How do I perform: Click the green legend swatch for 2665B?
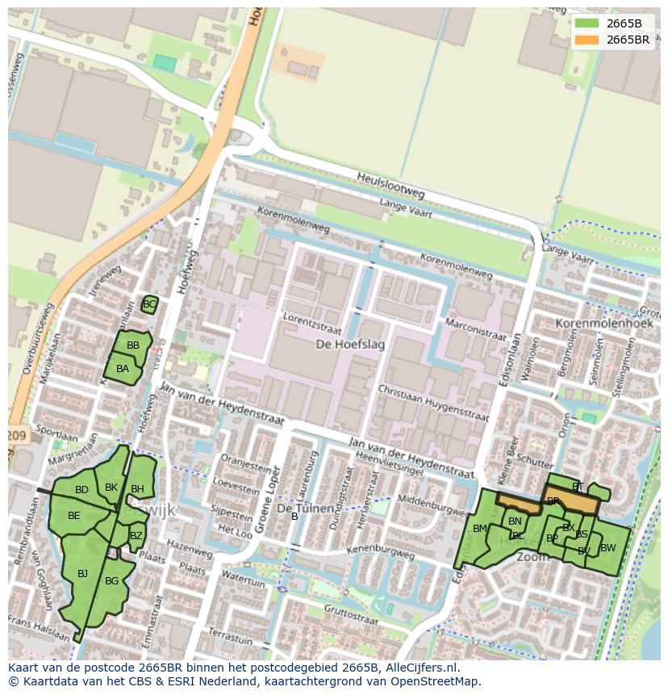pos(587,23)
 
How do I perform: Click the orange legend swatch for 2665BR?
pos(587,40)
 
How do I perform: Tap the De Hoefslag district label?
pos(349,345)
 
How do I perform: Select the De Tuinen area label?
pos(305,509)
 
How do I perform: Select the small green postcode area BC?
pos(148,304)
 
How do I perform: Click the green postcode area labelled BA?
pos(122,369)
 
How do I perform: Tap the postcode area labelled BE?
pos(73,516)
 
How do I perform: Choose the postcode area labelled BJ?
pos(82,574)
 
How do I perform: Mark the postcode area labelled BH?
pos(138,488)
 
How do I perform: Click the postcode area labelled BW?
pos(607,548)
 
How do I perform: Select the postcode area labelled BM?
pos(480,529)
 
